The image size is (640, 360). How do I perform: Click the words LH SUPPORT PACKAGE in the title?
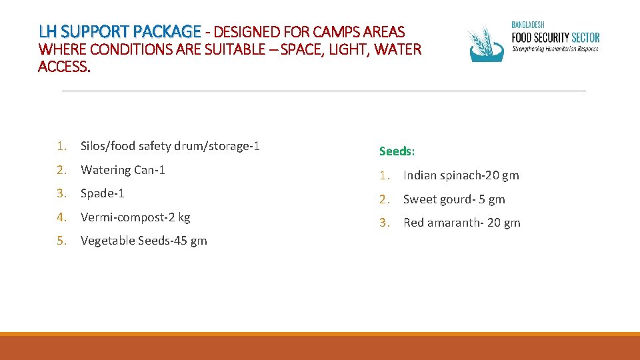[x=119, y=31]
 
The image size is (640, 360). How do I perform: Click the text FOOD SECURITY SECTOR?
[x=555, y=37]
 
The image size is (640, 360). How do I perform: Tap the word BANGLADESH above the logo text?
[x=528, y=25]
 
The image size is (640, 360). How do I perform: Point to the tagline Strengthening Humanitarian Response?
[x=555, y=49]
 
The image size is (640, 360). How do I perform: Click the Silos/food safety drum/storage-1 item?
[x=170, y=145]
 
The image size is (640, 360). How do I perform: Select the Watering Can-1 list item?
[x=123, y=169]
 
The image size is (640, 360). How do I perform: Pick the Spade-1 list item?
[x=103, y=193]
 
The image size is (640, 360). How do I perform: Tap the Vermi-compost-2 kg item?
[x=135, y=217]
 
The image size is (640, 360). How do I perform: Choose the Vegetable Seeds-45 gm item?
[x=144, y=241]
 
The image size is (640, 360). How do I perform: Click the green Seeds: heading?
[x=397, y=151]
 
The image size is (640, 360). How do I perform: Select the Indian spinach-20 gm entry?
[x=461, y=175]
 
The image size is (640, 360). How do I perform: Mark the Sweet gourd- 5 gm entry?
[x=454, y=199]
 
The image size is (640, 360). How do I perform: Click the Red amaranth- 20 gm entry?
[x=461, y=223]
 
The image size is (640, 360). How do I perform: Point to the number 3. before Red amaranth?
[x=383, y=223]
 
